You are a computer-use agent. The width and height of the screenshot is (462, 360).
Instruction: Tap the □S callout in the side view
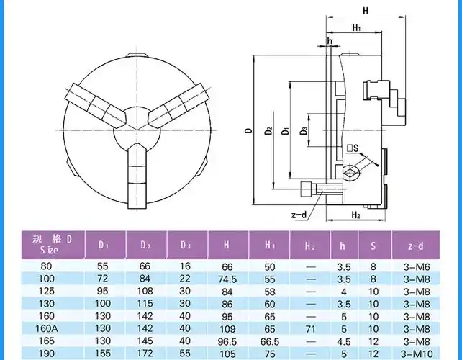[353, 149]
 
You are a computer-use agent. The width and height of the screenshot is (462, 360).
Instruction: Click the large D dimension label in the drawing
[248, 131]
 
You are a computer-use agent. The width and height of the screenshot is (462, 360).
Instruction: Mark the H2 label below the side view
[355, 215]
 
